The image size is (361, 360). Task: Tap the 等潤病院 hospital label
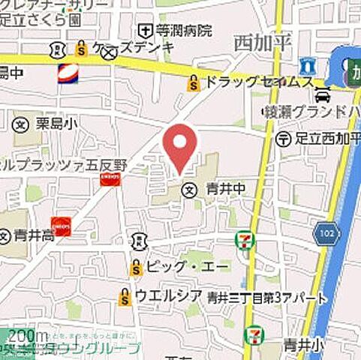point(184,31)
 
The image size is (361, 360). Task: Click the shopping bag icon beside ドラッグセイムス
point(194,83)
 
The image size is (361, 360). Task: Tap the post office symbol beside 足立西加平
point(284,138)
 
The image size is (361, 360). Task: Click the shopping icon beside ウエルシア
point(125,297)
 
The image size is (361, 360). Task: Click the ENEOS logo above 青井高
point(61,227)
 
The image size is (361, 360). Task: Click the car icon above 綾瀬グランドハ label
point(323,96)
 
